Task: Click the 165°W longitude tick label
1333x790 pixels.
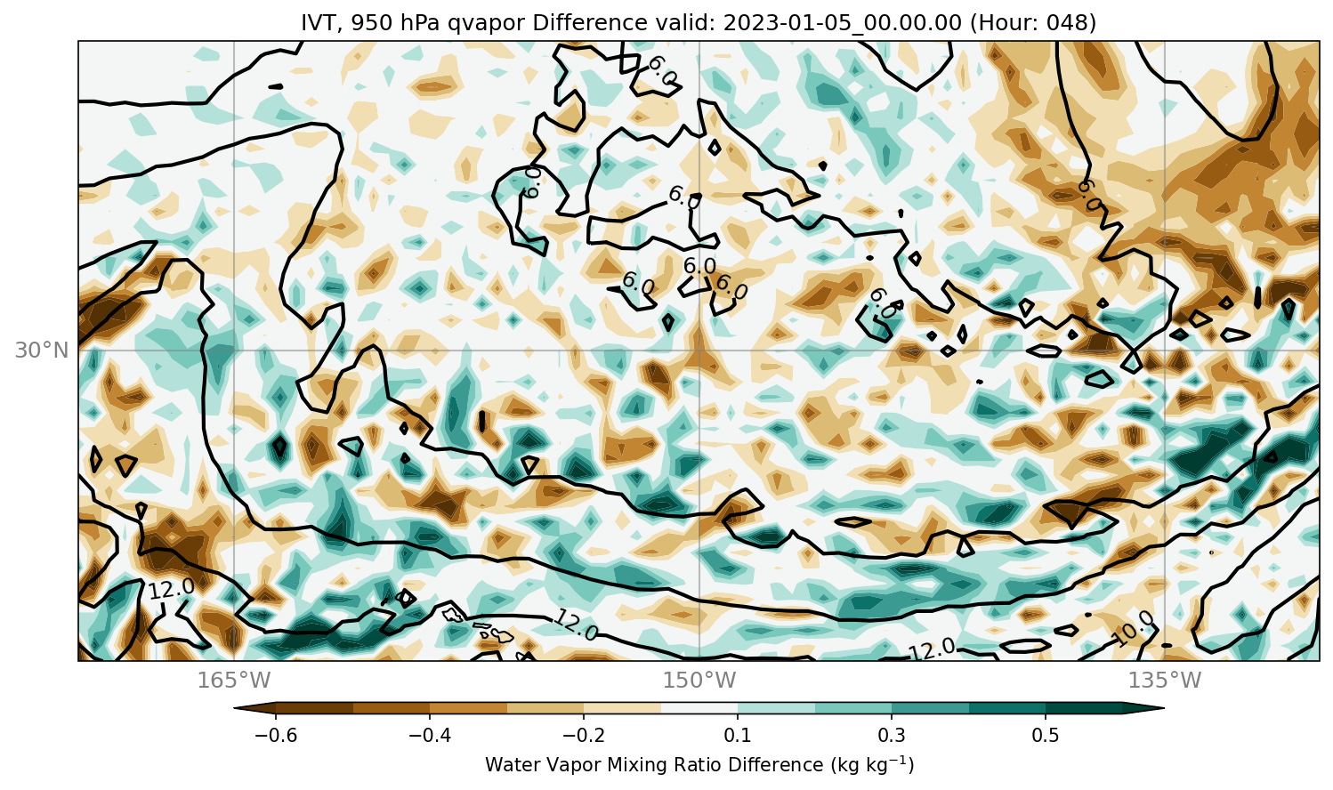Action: (x=234, y=680)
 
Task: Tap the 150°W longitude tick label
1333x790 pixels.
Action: (x=699, y=680)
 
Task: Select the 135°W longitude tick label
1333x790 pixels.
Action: (x=1165, y=680)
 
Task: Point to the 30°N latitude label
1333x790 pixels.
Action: (x=42, y=351)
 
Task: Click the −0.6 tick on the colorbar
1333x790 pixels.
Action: (x=276, y=736)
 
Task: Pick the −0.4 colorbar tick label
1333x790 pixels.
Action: (x=430, y=736)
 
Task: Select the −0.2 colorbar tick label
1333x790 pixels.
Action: (x=584, y=736)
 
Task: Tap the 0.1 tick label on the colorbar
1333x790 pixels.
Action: (x=738, y=736)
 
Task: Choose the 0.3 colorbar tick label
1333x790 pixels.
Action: (x=892, y=736)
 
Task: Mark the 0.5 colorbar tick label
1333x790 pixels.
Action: (x=1046, y=736)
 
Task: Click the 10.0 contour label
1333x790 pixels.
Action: (x=1134, y=629)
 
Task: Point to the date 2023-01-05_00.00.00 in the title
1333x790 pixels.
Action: (x=842, y=23)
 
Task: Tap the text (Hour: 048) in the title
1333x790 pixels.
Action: (x=1033, y=23)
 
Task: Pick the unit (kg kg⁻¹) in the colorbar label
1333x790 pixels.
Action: (x=872, y=765)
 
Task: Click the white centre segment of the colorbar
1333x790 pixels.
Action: (x=699, y=708)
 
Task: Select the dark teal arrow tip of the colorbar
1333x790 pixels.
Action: (x=1143, y=708)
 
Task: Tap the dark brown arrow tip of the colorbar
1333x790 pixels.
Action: (x=254, y=708)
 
